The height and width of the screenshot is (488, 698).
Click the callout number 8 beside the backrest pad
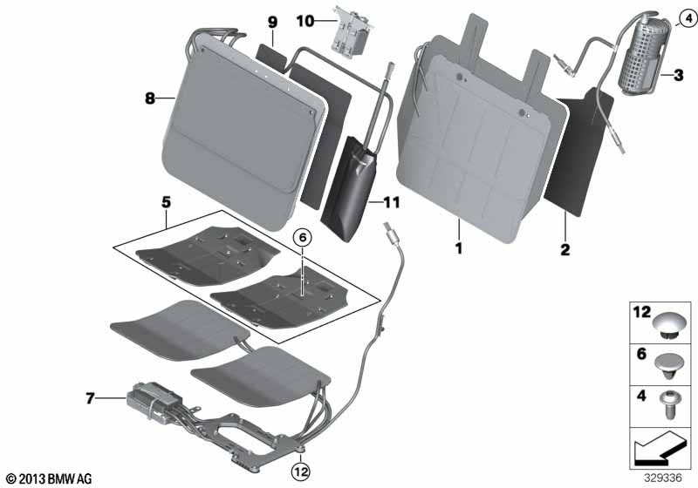[150, 98]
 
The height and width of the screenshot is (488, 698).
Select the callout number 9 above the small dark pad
[272, 23]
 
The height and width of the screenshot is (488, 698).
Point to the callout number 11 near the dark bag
[392, 203]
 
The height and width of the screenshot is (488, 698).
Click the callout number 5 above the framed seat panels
[166, 203]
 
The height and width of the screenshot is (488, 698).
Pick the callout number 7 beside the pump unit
[90, 398]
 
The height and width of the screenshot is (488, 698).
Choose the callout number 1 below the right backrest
[459, 248]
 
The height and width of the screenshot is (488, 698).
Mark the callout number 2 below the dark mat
[565, 250]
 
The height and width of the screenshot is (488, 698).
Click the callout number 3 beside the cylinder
[678, 75]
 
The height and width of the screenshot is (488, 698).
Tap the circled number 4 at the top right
[688, 18]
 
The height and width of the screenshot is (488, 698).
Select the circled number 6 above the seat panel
[303, 238]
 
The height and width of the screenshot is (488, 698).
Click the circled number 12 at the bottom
[301, 471]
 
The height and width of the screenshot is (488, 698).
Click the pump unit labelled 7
[147, 400]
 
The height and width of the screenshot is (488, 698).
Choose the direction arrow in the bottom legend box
[659, 448]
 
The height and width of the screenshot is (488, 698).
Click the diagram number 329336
[663, 478]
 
